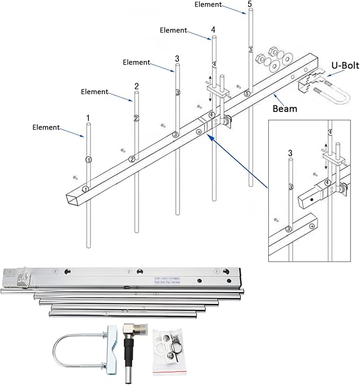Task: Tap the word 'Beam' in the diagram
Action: click(x=285, y=109)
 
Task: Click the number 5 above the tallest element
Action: click(x=250, y=4)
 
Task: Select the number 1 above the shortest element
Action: click(x=88, y=117)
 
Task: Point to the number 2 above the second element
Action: click(x=137, y=86)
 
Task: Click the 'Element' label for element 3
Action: click(x=136, y=63)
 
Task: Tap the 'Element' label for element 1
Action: click(x=46, y=127)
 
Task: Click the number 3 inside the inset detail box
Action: click(x=290, y=153)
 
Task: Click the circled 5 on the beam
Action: click(x=247, y=94)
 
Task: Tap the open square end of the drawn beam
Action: click(x=74, y=199)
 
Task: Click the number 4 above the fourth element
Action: click(x=213, y=31)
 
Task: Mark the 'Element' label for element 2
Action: click(x=94, y=92)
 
